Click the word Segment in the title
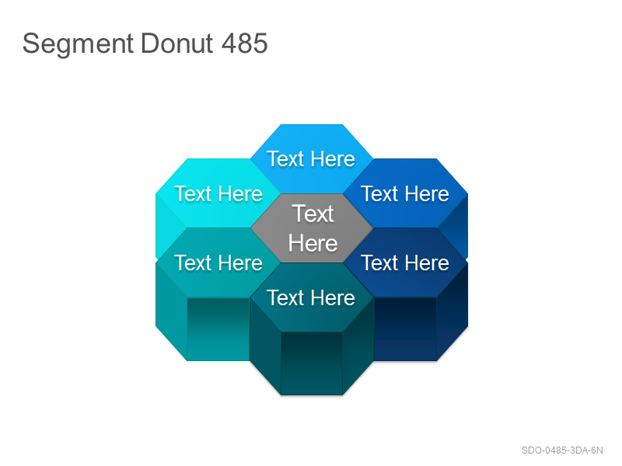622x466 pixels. click(x=78, y=44)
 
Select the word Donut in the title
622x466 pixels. click(x=177, y=43)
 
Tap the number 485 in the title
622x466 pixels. click(x=245, y=43)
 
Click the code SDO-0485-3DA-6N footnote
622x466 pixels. click(x=562, y=450)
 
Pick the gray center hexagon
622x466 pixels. click(x=312, y=228)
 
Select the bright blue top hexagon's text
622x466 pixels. click(x=311, y=159)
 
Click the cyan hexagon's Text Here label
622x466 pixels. click(x=218, y=193)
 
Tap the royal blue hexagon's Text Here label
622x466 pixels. click(x=405, y=193)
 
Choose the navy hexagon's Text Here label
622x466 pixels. click(x=405, y=263)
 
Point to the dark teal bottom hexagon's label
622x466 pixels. click(x=311, y=297)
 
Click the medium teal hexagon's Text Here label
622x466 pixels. click(x=218, y=263)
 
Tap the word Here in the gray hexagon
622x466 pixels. click(x=313, y=243)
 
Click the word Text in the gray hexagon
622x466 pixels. click(x=313, y=214)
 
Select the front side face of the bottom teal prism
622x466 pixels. click(x=312, y=363)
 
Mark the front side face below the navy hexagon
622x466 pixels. click(x=405, y=329)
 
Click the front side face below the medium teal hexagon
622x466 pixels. click(x=218, y=329)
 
